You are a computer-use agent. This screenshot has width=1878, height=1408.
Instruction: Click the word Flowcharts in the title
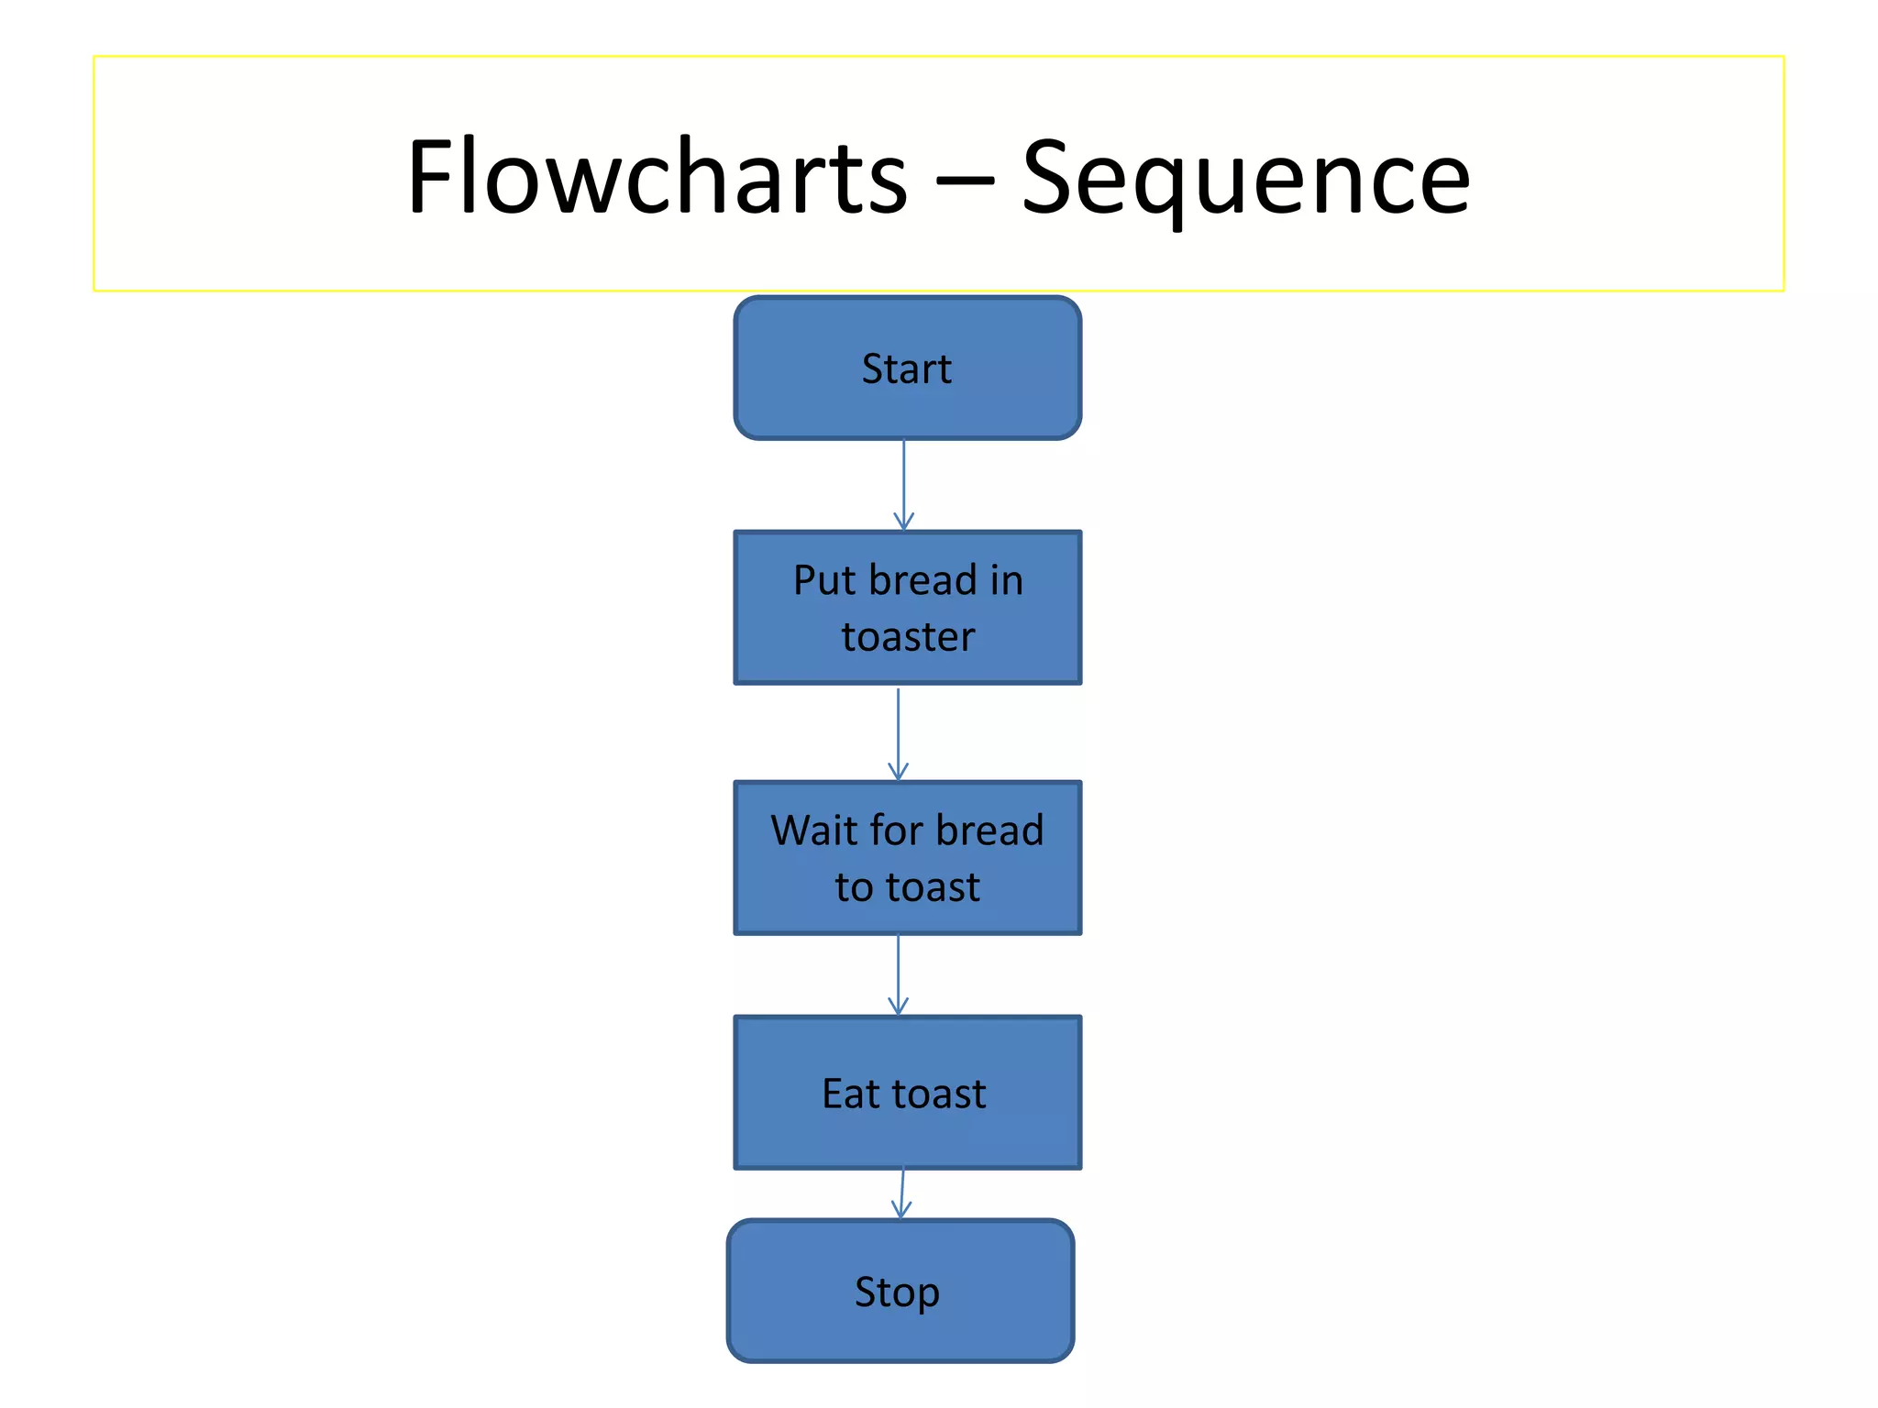tap(657, 176)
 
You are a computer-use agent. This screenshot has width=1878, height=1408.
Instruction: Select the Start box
tap(907, 368)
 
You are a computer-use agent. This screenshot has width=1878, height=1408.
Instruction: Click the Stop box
tap(900, 1291)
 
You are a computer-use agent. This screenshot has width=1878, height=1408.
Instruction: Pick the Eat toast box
tap(907, 1093)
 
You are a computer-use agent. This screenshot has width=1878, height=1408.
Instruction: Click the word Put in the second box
tap(824, 580)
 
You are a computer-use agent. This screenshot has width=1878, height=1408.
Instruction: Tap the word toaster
tap(908, 637)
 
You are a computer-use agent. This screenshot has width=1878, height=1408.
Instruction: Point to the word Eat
tap(850, 1094)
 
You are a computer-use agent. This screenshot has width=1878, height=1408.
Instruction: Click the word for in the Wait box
tap(897, 830)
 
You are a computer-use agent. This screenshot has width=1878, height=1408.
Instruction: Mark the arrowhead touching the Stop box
tap(901, 1211)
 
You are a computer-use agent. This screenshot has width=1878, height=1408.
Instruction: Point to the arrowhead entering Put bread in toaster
tap(904, 522)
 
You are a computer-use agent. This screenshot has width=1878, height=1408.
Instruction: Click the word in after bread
tap(1006, 580)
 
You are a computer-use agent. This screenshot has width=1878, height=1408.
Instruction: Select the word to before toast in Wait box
tap(854, 887)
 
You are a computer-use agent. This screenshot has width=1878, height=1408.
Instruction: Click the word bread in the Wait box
tap(989, 830)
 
